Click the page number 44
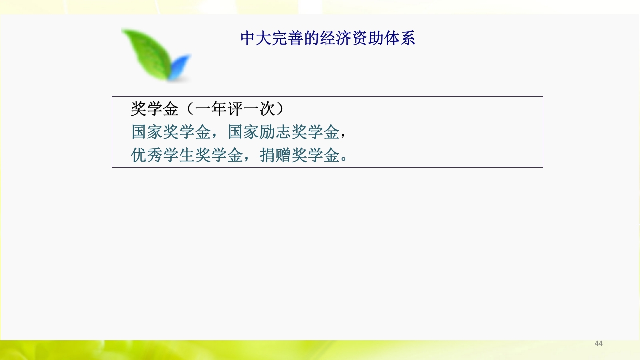[598, 343]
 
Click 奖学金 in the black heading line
[155, 109]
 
